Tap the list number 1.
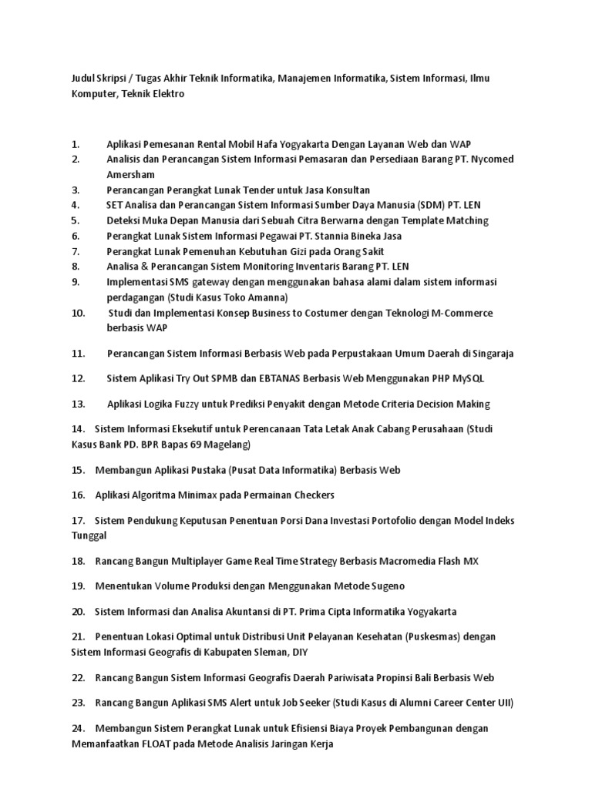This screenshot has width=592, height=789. pos(76,144)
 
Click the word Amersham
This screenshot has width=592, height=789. pos(131,174)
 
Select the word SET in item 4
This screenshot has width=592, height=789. pos(115,205)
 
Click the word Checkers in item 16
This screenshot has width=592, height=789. pos(311,495)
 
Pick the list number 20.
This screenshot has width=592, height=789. pos(77,612)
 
